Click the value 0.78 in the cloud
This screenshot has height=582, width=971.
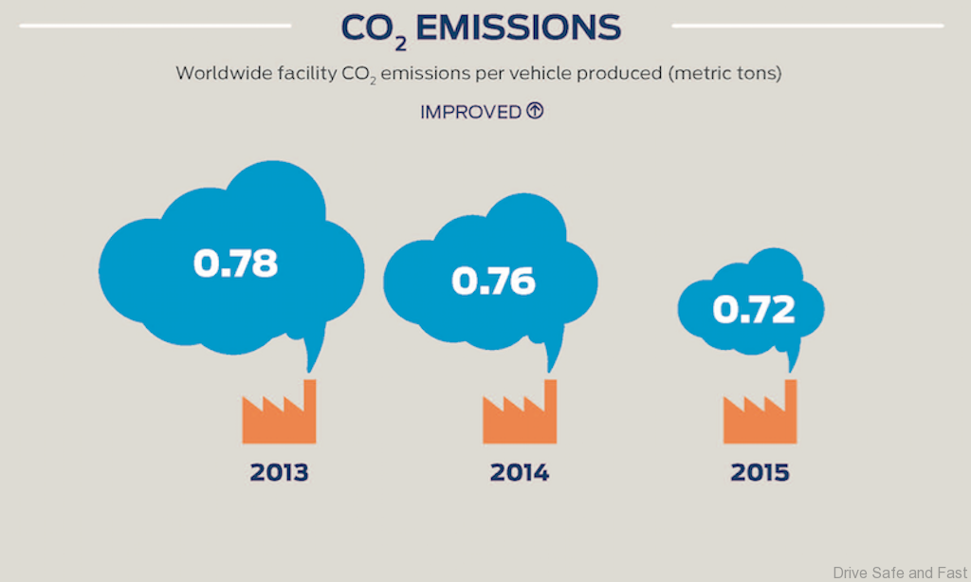click(235, 263)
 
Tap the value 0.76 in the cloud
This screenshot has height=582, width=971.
click(493, 281)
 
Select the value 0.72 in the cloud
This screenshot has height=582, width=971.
click(753, 309)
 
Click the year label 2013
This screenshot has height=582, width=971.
click(279, 472)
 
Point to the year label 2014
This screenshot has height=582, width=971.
click(519, 472)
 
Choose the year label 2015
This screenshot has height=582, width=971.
click(760, 472)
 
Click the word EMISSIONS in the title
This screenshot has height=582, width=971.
click(518, 28)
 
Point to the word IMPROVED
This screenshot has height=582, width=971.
click(470, 112)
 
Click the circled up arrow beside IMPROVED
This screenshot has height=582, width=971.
click(535, 111)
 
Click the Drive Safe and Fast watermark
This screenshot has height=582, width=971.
click(900, 572)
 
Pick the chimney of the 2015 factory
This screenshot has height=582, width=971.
click(790, 398)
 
